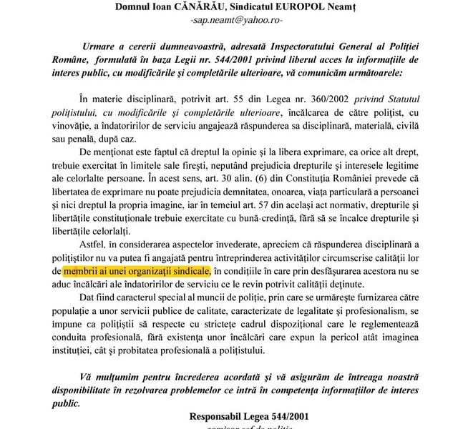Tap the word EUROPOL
tap(311, 8)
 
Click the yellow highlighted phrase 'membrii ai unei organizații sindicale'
tap(137, 271)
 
